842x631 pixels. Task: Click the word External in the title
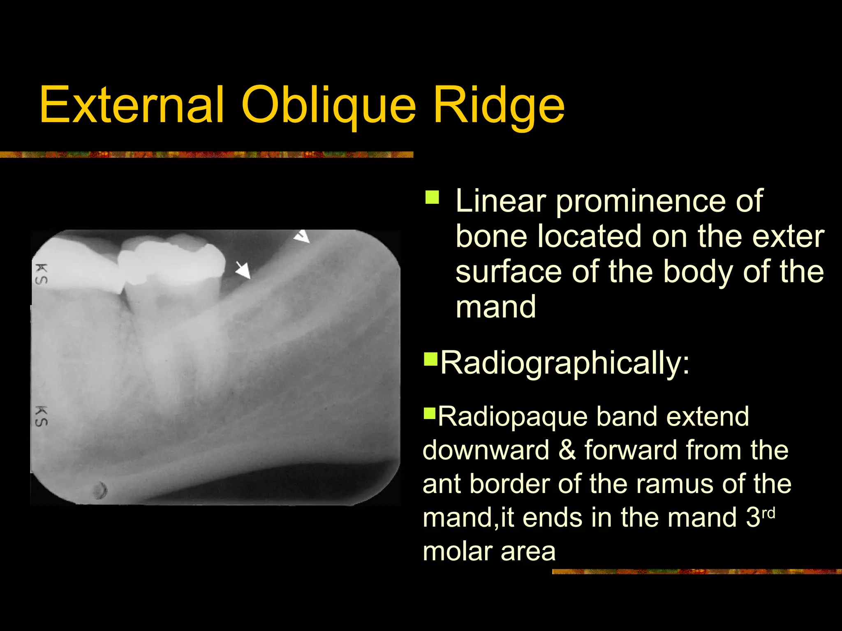point(132,105)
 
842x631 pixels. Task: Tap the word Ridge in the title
point(499,105)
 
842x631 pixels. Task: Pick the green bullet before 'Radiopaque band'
point(429,412)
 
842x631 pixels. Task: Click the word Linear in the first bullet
point(501,201)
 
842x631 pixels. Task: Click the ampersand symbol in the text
point(567,450)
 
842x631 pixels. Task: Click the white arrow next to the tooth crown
point(243,270)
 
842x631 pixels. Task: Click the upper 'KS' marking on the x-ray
point(41,274)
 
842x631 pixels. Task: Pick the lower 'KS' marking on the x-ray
point(41,416)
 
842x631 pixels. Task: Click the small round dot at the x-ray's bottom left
point(99,490)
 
